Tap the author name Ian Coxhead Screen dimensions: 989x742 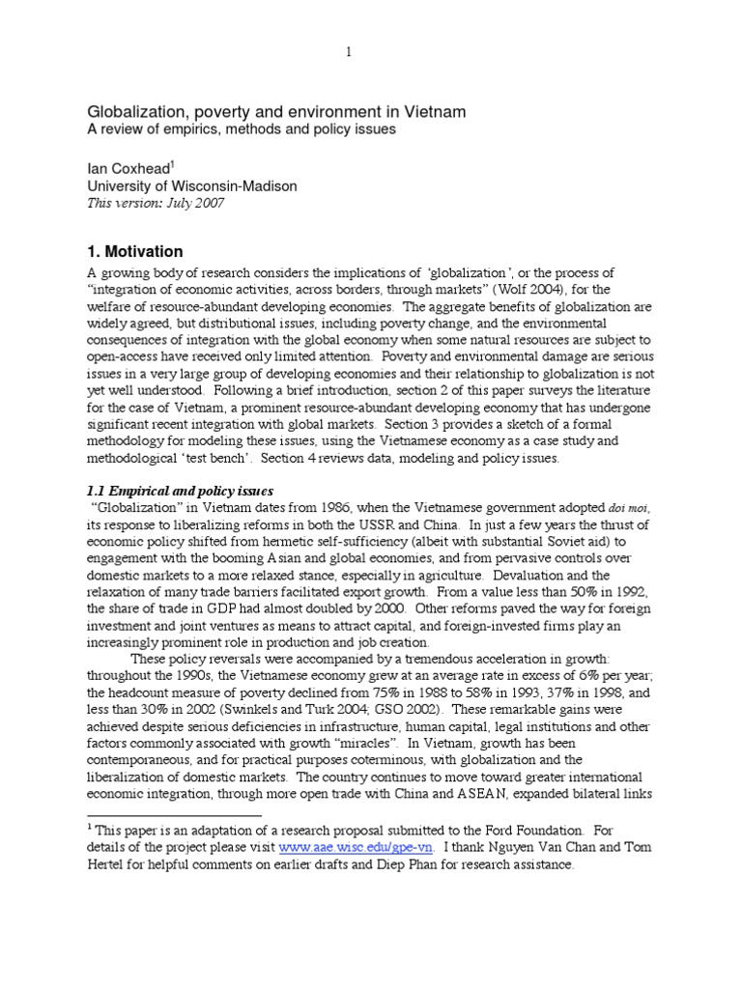(x=128, y=168)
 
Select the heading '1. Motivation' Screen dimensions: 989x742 (x=135, y=251)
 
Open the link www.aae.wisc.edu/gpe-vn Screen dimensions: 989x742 (x=357, y=847)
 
